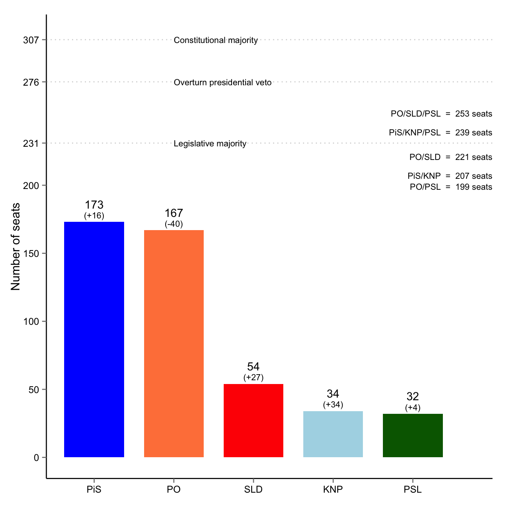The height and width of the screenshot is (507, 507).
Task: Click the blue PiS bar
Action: (94, 339)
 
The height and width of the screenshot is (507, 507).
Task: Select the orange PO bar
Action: (174, 343)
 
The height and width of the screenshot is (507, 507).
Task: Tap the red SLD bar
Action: (253, 420)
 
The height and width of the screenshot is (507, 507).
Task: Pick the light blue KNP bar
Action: (333, 434)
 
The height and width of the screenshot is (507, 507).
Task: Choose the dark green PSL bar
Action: (413, 435)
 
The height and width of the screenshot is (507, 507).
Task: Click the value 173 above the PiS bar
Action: (94, 205)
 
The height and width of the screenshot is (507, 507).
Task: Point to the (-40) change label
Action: (174, 224)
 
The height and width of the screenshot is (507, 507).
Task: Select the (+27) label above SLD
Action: (253, 377)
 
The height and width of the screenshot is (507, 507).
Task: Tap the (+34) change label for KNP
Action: (333, 405)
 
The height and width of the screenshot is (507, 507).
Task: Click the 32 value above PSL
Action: (413, 396)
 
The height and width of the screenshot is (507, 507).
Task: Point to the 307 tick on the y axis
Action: (31, 40)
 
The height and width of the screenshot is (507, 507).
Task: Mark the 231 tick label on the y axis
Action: (31, 144)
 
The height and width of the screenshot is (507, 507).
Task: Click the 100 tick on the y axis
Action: (31, 322)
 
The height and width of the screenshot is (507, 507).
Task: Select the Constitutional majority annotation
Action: (216, 40)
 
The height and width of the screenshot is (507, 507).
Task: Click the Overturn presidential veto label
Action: (223, 83)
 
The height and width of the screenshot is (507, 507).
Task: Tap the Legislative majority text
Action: (210, 144)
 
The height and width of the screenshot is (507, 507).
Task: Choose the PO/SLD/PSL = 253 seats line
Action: (441, 114)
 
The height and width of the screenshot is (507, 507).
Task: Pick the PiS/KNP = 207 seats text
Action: (450, 176)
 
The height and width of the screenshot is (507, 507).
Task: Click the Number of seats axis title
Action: (15, 247)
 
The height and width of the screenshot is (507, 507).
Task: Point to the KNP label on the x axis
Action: (333, 490)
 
